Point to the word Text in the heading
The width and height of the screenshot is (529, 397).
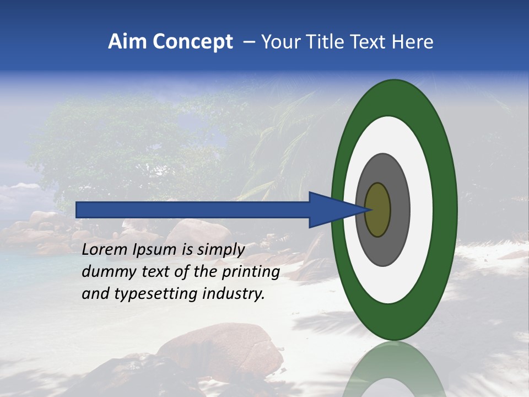pyautogui.click(x=372, y=42)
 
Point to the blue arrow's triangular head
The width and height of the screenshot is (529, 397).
pyautogui.click(x=331, y=210)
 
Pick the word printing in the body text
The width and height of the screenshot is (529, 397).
pyautogui.click(x=252, y=272)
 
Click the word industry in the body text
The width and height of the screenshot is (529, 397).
pyautogui.click(x=234, y=294)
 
